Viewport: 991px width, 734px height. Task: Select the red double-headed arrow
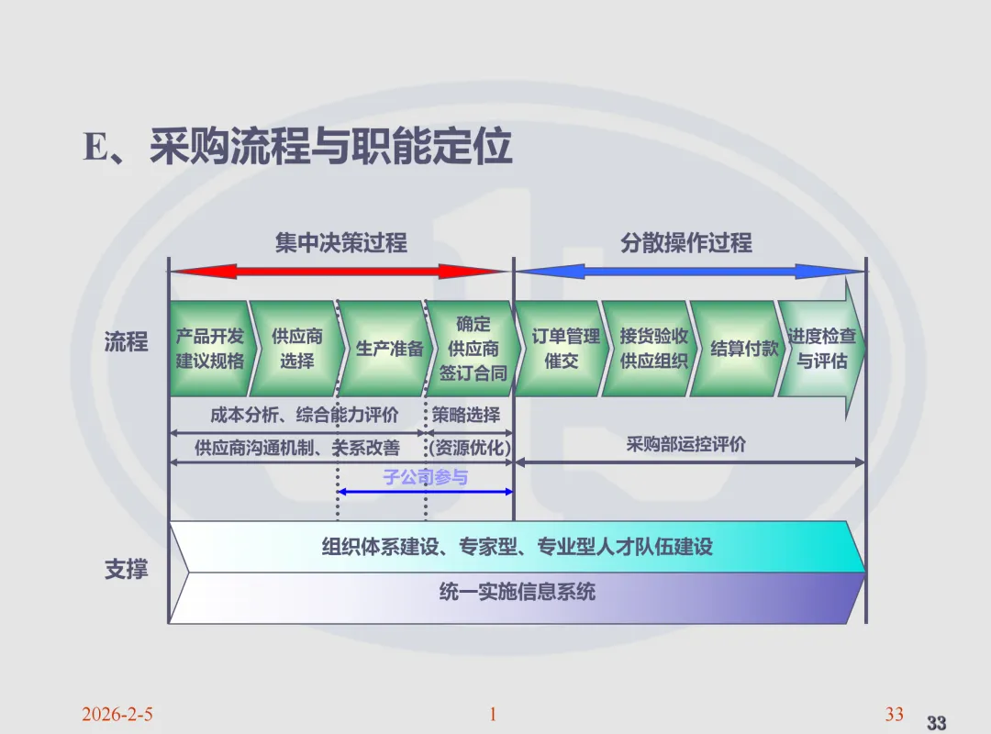[340, 272]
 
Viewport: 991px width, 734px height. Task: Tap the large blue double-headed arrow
[689, 272]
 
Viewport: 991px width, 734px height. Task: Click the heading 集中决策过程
[341, 243]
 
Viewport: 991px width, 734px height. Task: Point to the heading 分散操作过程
[686, 243]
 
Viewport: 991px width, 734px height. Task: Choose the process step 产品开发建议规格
[210, 349]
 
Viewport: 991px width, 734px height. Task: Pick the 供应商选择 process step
[296, 349]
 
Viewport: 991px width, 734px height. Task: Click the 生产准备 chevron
[389, 349]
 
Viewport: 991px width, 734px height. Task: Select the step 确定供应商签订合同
[473, 349]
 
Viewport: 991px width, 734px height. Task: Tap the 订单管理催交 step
[562, 349]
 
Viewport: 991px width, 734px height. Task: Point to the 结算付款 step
[743, 349]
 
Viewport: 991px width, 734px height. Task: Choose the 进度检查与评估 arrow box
[821, 349]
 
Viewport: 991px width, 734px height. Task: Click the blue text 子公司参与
[425, 477]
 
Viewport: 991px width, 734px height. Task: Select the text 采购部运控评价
[686, 445]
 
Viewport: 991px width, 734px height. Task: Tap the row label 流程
[126, 343]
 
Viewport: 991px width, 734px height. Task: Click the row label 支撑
[126, 570]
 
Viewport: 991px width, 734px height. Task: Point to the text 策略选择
[466, 416]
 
